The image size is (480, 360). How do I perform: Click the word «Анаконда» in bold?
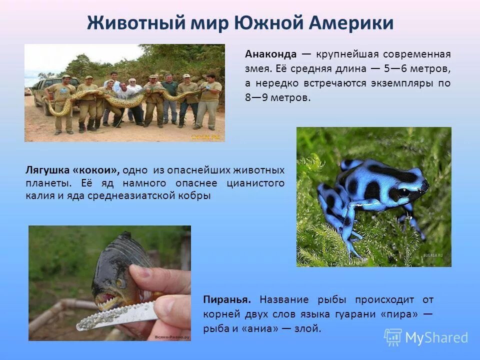click(x=270, y=54)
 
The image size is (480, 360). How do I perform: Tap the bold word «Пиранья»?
click(x=227, y=299)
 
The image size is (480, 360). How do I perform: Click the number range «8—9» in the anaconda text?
click(x=256, y=97)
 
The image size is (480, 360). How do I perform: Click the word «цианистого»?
click(x=255, y=183)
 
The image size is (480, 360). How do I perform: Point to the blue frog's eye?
click(x=404, y=191)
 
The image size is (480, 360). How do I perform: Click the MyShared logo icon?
click(x=392, y=337)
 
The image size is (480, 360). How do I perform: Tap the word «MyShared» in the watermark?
click(x=436, y=337)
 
